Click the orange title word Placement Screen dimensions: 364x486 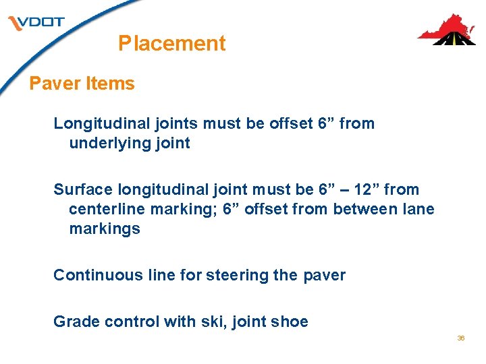(x=171, y=44)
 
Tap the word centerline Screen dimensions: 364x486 (x=107, y=209)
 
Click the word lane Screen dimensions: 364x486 (x=418, y=209)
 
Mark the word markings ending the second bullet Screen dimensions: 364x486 (x=104, y=229)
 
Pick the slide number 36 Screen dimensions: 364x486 (x=461, y=338)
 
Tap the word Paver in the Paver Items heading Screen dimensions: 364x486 (x=55, y=84)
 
